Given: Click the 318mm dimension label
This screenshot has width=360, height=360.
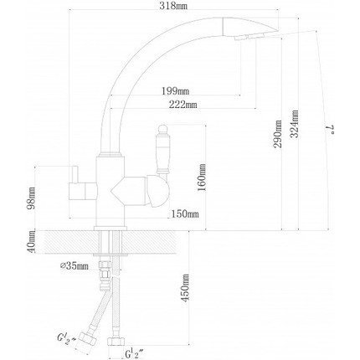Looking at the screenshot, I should pos(188,6).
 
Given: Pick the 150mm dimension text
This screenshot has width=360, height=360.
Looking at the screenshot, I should pos(186,214).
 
